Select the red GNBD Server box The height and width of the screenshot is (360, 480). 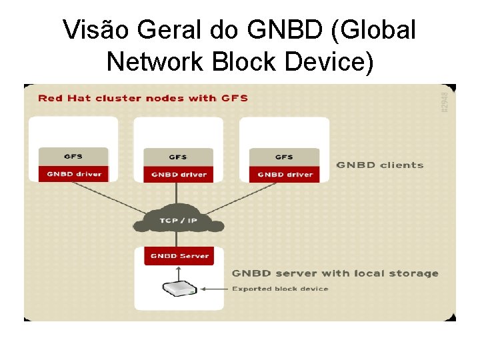[179, 256]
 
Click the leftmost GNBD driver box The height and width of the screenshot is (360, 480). [73, 174]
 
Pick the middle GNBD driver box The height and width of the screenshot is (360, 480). [179, 174]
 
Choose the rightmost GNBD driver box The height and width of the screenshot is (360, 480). [285, 174]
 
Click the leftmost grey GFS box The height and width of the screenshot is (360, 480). [73, 157]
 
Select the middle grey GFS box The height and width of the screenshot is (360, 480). [179, 157]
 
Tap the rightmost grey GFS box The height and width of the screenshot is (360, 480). [285, 157]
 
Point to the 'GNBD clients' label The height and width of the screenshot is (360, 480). [379, 165]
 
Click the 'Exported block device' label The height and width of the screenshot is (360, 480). [280, 289]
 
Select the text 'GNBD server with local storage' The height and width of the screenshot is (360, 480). [335, 273]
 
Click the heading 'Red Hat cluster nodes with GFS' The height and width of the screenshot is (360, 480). [143, 98]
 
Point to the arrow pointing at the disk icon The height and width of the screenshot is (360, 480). [213, 289]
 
